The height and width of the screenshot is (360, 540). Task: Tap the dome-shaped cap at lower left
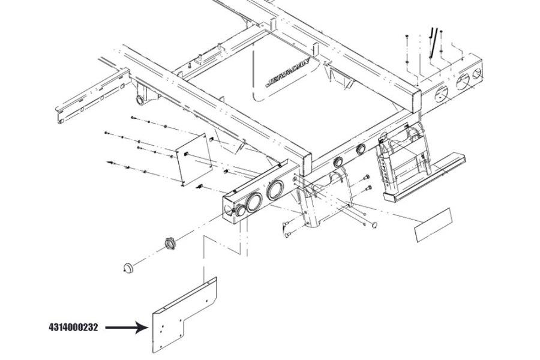pyautogui.click(x=128, y=268)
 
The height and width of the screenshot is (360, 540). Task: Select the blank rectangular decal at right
pyautogui.click(x=433, y=226)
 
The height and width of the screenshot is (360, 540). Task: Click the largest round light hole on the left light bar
pyautogui.click(x=275, y=191)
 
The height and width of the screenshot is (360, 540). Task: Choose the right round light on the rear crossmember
pyautogui.click(x=361, y=149)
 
